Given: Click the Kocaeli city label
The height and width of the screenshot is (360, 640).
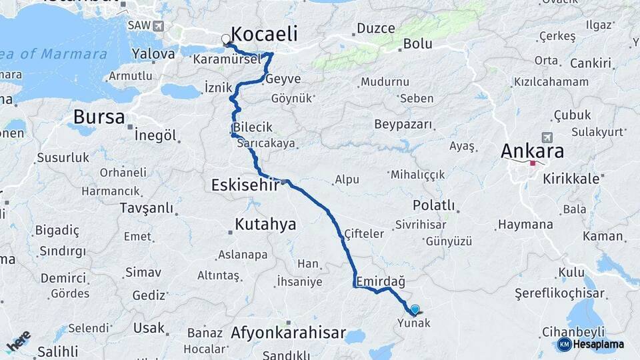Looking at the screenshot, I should (265, 35).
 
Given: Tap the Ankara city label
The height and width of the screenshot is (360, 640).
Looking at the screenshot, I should (532, 151).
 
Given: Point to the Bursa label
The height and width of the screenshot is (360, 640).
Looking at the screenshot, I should (99, 117).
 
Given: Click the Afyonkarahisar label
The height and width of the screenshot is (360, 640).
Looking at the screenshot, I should (288, 333).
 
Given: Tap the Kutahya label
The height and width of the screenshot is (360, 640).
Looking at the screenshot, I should (265, 224).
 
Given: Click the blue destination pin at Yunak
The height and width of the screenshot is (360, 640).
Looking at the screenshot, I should (415, 309).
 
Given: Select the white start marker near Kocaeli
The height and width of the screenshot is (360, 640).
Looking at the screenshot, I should (226, 39).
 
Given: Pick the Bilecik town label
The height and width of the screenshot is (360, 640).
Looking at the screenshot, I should (253, 127).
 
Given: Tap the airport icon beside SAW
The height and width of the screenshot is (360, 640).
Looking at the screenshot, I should (158, 25).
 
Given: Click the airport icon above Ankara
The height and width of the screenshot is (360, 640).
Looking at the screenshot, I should (547, 137).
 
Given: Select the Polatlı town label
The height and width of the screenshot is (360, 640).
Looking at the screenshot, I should (433, 205).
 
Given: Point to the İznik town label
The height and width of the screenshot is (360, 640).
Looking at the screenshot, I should (218, 87).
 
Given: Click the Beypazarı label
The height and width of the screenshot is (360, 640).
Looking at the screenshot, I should (403, 125).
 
